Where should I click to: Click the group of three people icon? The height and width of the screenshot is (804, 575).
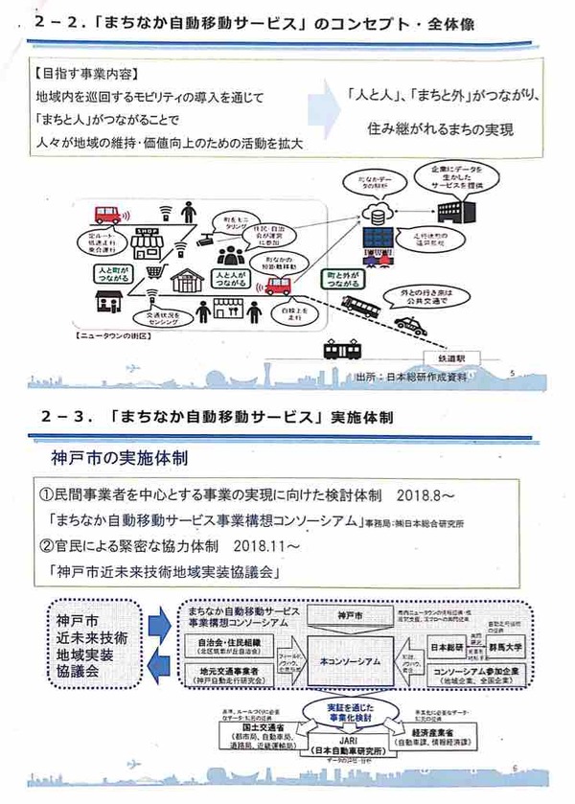coord(230,256)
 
